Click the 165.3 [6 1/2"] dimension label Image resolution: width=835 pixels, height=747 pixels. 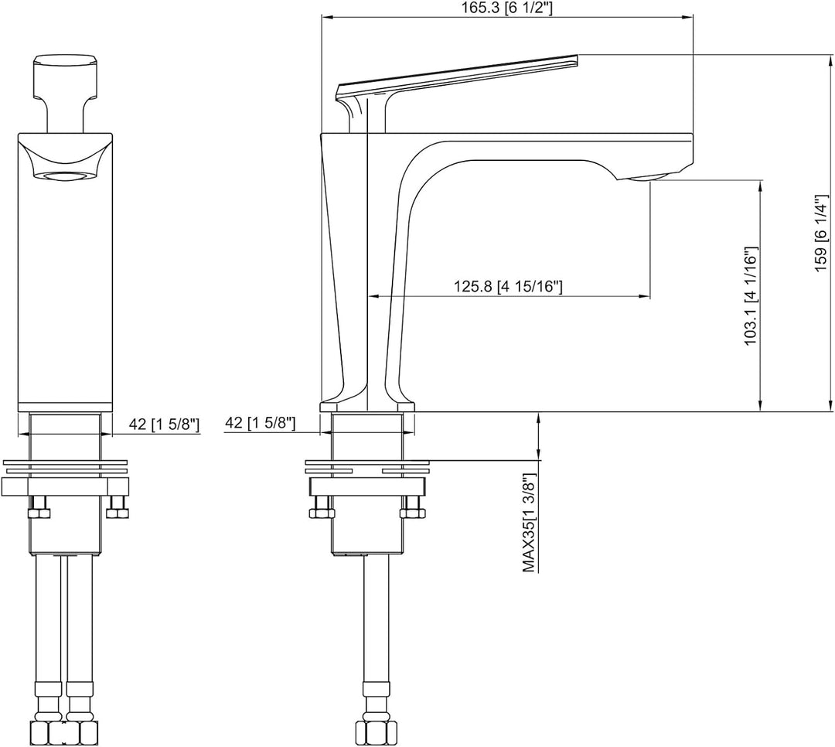(x=507, y=9)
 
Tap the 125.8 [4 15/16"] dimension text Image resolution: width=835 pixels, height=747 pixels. (x=508, y=287)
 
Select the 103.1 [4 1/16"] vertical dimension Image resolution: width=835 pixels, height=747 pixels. (x=750, y=296)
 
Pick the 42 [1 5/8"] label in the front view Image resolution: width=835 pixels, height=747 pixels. (x=165, y=424)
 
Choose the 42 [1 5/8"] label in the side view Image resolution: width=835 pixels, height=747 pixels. (x=260, y=423)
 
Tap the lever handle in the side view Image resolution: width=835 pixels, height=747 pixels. (x=457, y=92)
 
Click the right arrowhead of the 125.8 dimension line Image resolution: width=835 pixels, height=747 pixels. (x=646, y=295)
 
